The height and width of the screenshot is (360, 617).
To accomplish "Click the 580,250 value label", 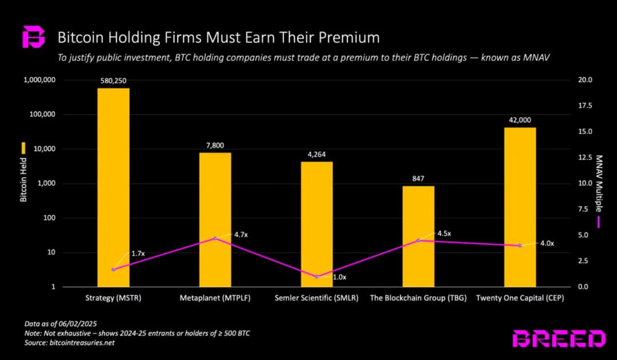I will point(113,81).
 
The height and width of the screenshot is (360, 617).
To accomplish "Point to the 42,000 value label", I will point(520,120).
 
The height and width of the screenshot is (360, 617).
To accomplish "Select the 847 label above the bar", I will point(418,179).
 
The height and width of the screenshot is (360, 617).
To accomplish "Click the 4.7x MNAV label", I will point(241,234).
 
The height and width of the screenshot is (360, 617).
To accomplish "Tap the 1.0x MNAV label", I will point(339,277).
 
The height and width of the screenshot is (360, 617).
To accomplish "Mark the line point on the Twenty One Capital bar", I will point(520,246).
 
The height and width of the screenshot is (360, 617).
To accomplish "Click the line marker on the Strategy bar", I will point(113,270).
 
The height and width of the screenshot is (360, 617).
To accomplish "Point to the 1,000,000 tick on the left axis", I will point(39,80).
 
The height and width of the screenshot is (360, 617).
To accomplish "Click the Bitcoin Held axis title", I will point(23,181).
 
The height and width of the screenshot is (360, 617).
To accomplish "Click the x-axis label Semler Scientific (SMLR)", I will point(316,298).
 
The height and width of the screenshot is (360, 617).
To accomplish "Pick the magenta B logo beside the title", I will point(33,37).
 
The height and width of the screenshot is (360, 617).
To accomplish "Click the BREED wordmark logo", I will point(558,339).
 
